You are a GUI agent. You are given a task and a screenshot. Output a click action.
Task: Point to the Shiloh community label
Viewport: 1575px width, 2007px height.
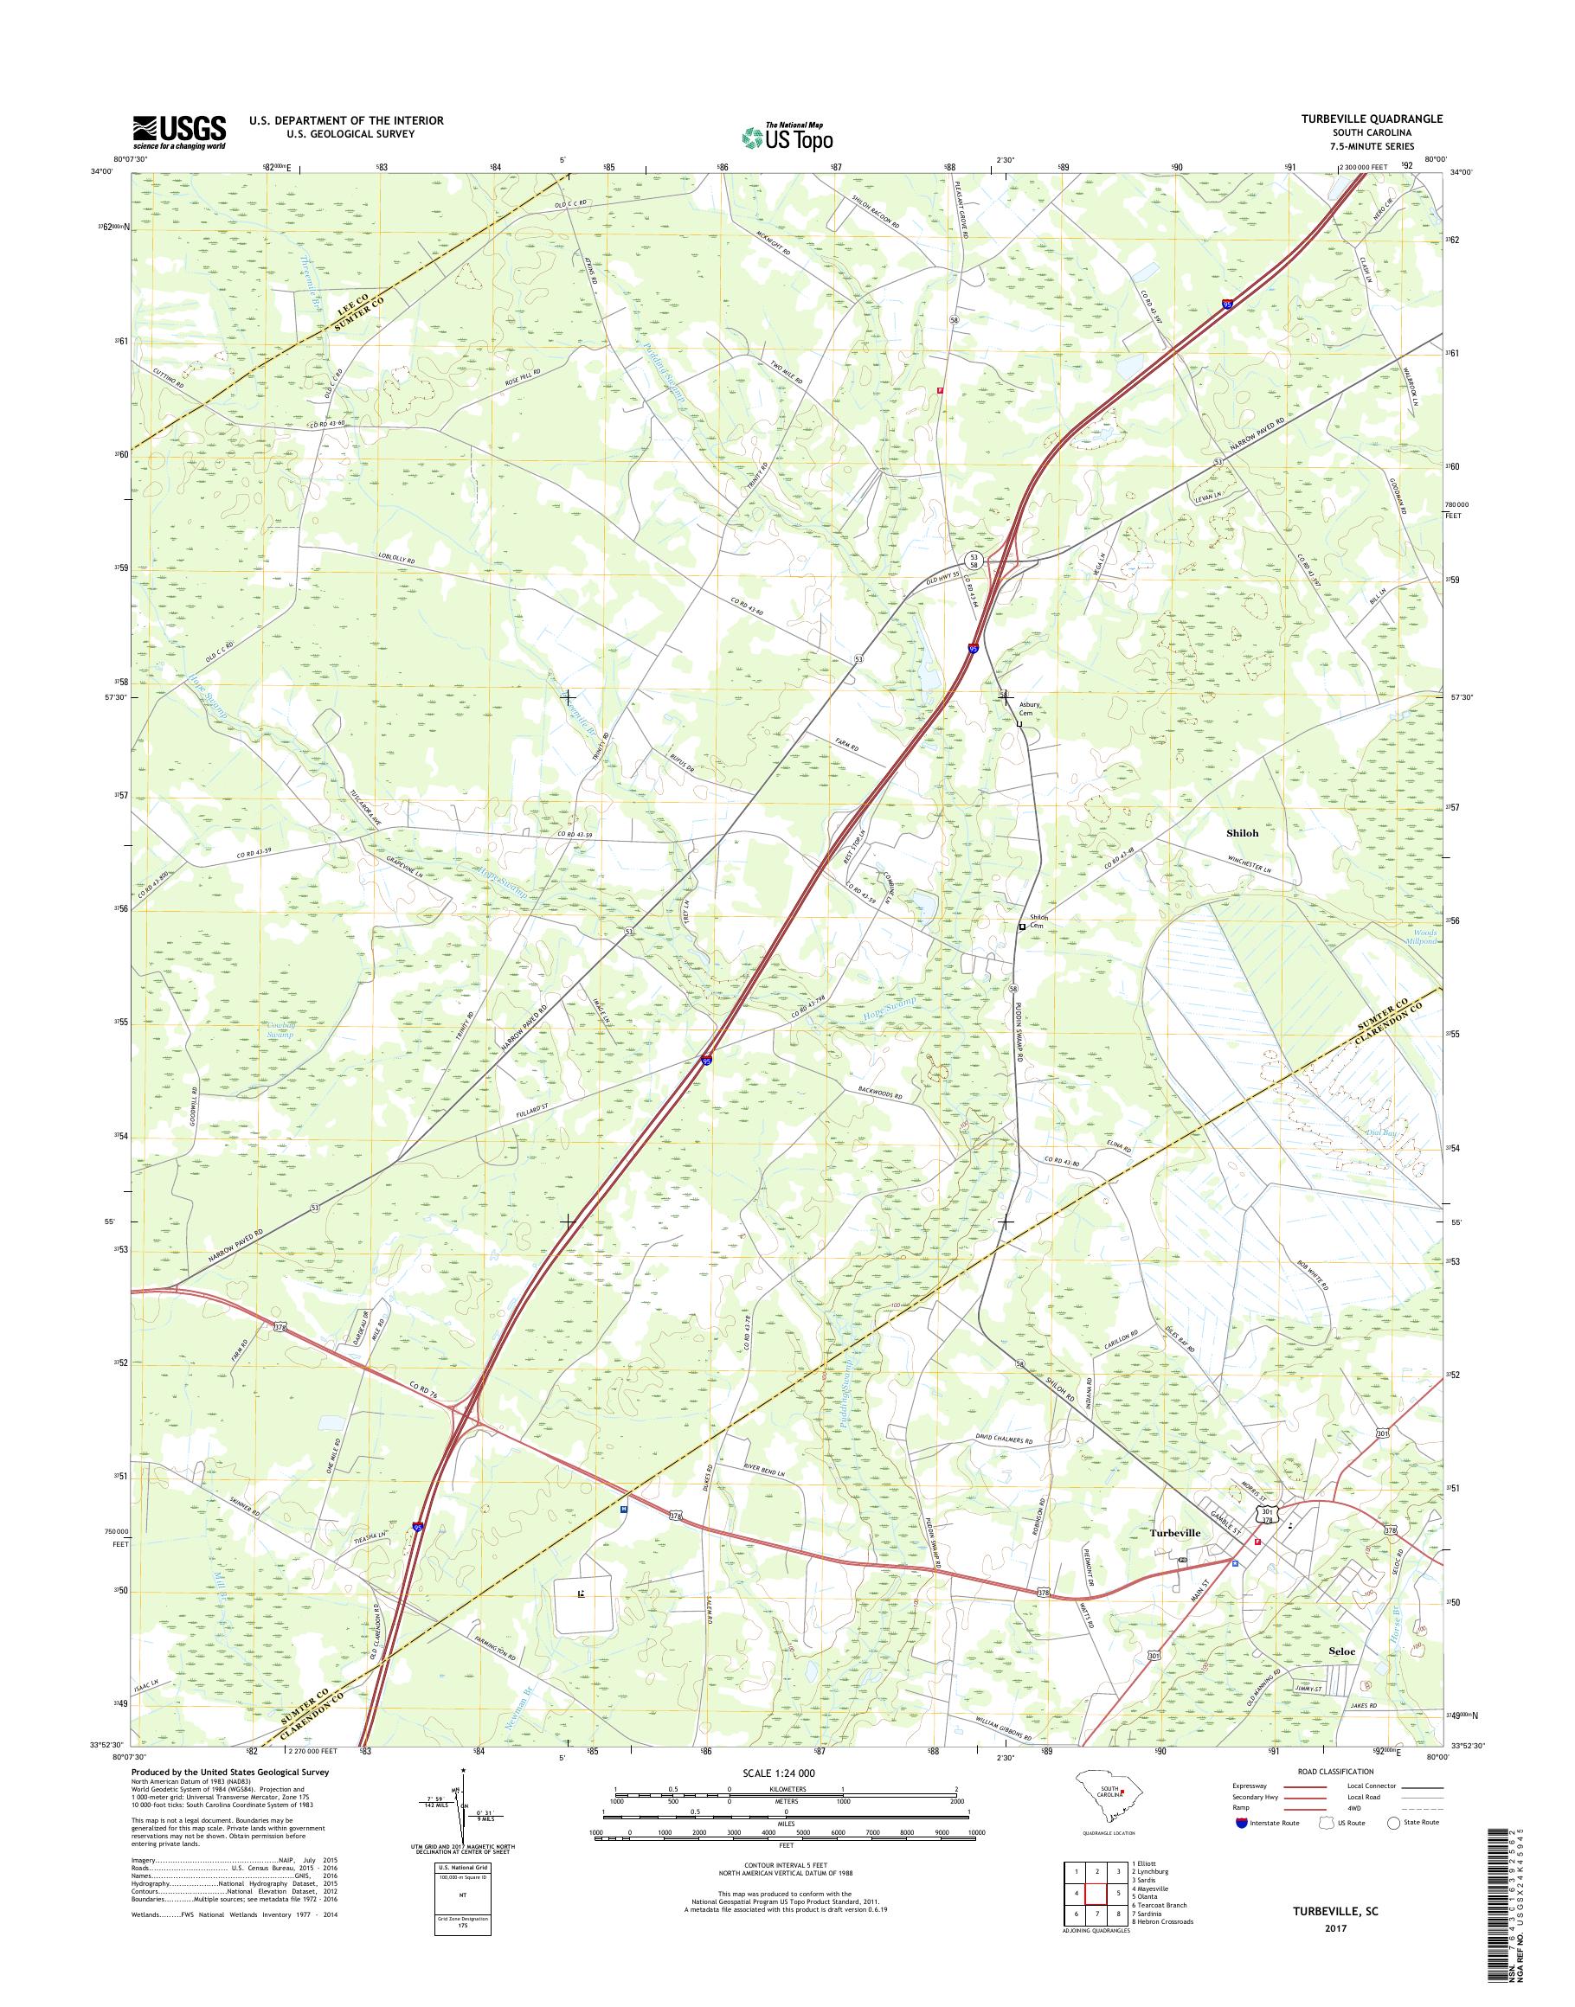(1241, 832)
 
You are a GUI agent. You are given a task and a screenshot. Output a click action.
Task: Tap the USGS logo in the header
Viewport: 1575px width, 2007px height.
(179, 132)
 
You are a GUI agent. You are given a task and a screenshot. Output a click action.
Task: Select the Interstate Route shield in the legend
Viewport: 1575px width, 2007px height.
(1241, 1822)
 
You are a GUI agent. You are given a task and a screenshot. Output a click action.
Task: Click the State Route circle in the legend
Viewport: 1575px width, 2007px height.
(1394, 1822)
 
